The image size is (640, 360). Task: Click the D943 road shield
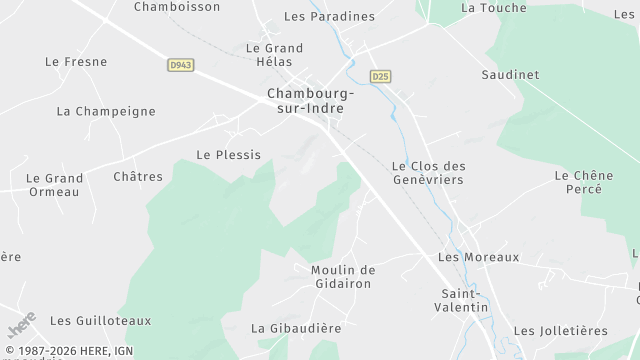tap(180, 65)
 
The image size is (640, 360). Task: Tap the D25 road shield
tap(380, 76)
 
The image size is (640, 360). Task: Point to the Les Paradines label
tap(329, 17)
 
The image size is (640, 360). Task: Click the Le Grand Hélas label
tap(274, 55)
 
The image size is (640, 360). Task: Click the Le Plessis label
tap(228, 155)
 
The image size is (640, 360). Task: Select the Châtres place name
tap(138, 177)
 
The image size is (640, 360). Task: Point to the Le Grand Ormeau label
tap(54, 185)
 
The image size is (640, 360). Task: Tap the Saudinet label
tap(510, 75)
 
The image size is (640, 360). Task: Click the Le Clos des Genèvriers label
tap(429, 173)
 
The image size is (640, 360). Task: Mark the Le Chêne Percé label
tap(583, 182)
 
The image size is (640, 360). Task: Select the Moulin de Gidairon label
tap(342, 277)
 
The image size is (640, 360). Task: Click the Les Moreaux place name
tap(479, 257)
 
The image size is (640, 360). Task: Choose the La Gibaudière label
tap(296, 328)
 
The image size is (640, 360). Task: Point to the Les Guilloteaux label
tap(100, 321)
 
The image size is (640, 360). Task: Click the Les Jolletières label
tap(560, 331)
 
